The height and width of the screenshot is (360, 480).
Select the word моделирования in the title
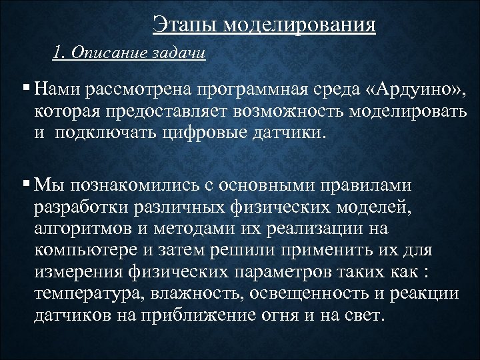(299, 26)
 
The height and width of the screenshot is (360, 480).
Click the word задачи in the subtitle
(179, 53)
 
